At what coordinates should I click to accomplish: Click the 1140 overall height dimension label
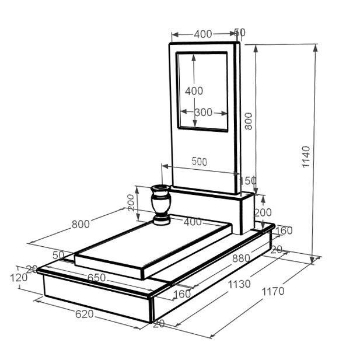point(306,157)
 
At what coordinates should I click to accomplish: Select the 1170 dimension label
point(273,291)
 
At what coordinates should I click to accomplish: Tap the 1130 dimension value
point(239,284)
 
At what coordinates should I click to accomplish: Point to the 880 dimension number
point(241,258)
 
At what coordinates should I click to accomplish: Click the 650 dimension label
point(96,278)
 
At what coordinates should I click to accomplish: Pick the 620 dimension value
point(85,314)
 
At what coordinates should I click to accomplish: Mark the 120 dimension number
point(19,278)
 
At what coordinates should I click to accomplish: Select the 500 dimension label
point(200,162)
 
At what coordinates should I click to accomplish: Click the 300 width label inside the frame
point(204,112)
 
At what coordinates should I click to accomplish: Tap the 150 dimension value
point(248,181)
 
